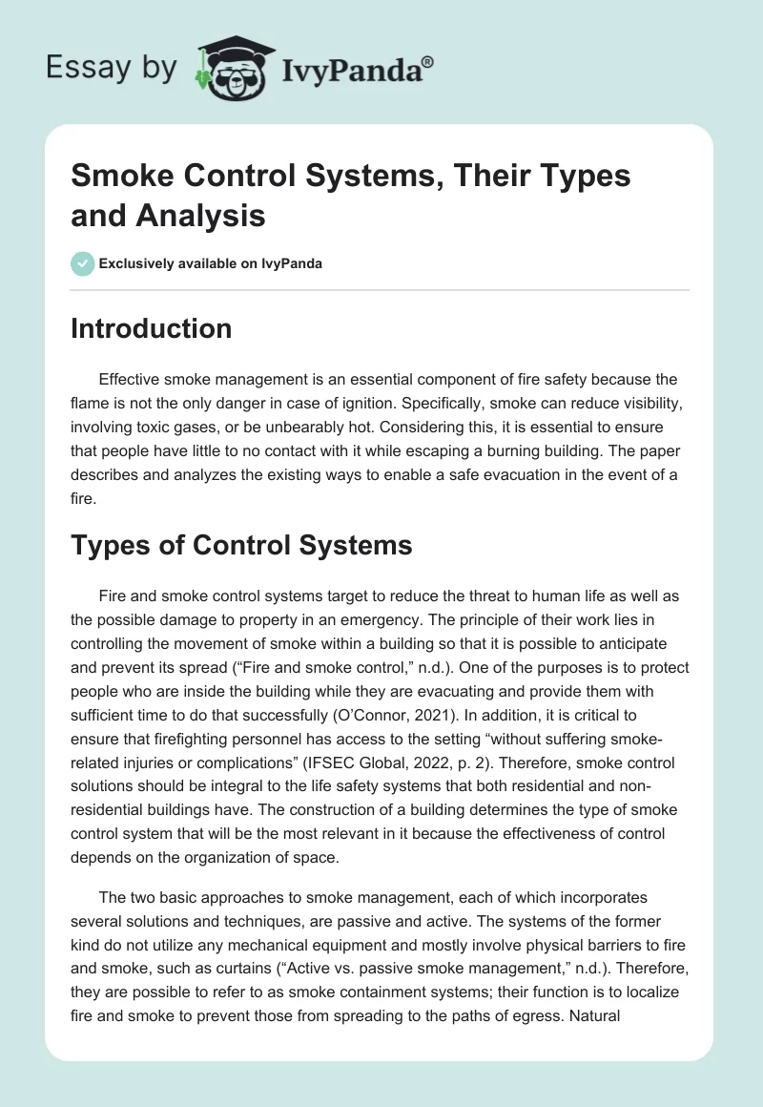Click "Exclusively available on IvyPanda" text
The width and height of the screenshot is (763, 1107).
click(x=210, y=264)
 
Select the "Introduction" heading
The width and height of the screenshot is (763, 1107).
click(x=152, y=329)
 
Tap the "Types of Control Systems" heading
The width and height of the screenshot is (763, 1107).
click(x=241, y=546)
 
